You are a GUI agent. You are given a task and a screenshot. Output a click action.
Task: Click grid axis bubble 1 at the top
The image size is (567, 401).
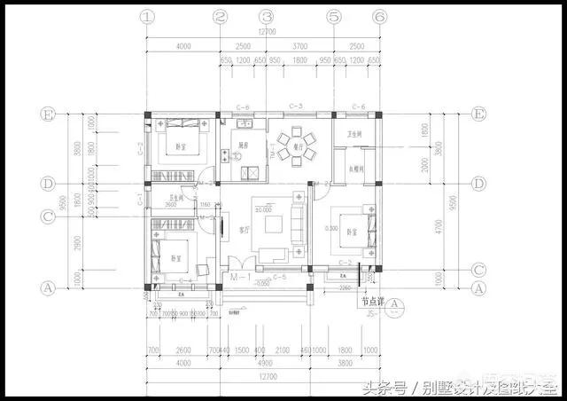pyautogui.click(x=147, y=16)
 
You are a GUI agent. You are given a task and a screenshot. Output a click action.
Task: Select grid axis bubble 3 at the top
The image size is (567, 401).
pyautogui.click(x=266, y=16)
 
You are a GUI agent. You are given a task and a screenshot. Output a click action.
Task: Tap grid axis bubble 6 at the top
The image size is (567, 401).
pyautogui.click(x=379, y=16)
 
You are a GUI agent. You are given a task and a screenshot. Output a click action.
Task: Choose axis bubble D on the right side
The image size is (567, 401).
pyautogui.click(x=479, y=184)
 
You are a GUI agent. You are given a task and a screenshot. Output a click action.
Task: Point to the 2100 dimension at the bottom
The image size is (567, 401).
pyautogui.click(x=281, y=349)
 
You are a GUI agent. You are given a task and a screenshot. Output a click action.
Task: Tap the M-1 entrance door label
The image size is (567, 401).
pyautogui.click(x=237, y=277)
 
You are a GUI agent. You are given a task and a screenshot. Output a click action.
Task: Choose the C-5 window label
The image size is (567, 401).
pyautogui.click(x=278, y=277)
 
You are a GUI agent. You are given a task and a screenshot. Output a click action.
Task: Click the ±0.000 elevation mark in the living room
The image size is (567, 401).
pyautogui.click(x=262, y=208)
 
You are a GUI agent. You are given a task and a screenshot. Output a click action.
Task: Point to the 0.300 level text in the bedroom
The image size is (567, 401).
pyautogui.click(x=330, y=228)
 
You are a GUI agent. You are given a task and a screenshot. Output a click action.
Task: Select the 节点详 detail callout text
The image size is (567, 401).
pyautogui.click(x=369, y=301)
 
